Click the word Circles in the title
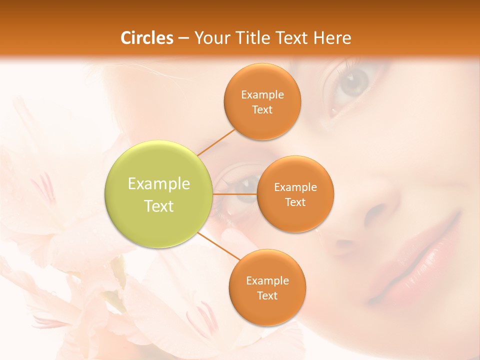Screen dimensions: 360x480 click(146, 38)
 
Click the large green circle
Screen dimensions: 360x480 click(159, 194)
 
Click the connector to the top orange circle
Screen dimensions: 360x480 click(216, 142)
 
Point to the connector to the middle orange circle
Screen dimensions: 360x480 click(235, 194)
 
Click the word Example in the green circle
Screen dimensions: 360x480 click(159, 183)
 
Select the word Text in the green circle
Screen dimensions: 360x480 click(159, 206)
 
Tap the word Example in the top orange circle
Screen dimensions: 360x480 click(262, 94)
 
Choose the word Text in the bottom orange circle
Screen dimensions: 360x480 click(267, 295)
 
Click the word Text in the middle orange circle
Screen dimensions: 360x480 click(295, 202)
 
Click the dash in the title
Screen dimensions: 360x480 click(183, 38)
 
